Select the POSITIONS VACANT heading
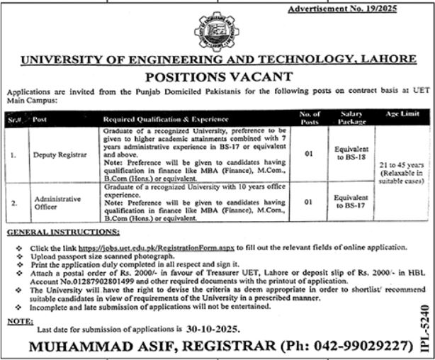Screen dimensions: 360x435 [x=217, y=76]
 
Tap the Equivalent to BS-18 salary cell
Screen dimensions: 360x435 [x=351, y=154]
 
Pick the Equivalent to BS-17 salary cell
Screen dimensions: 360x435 [x=351, y=203]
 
